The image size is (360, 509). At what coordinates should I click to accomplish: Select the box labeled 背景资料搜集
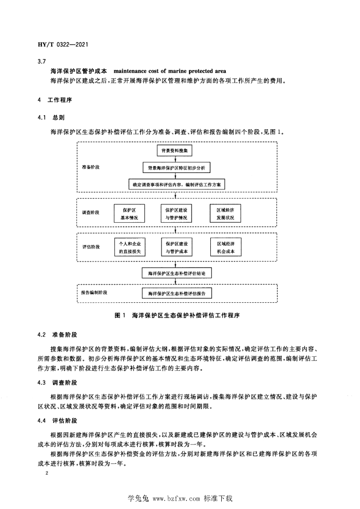[x=177, y=150]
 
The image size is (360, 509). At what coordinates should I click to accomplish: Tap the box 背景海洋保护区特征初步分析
[x=177, y=168]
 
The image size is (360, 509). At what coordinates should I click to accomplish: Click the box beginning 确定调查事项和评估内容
[x=177, y=184]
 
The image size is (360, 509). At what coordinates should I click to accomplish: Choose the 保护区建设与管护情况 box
[x=177, y=214]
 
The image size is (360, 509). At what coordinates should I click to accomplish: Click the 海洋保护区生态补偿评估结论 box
[x=177, y=273]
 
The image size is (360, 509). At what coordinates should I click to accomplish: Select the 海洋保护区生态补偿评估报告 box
[x=177, y=294]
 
